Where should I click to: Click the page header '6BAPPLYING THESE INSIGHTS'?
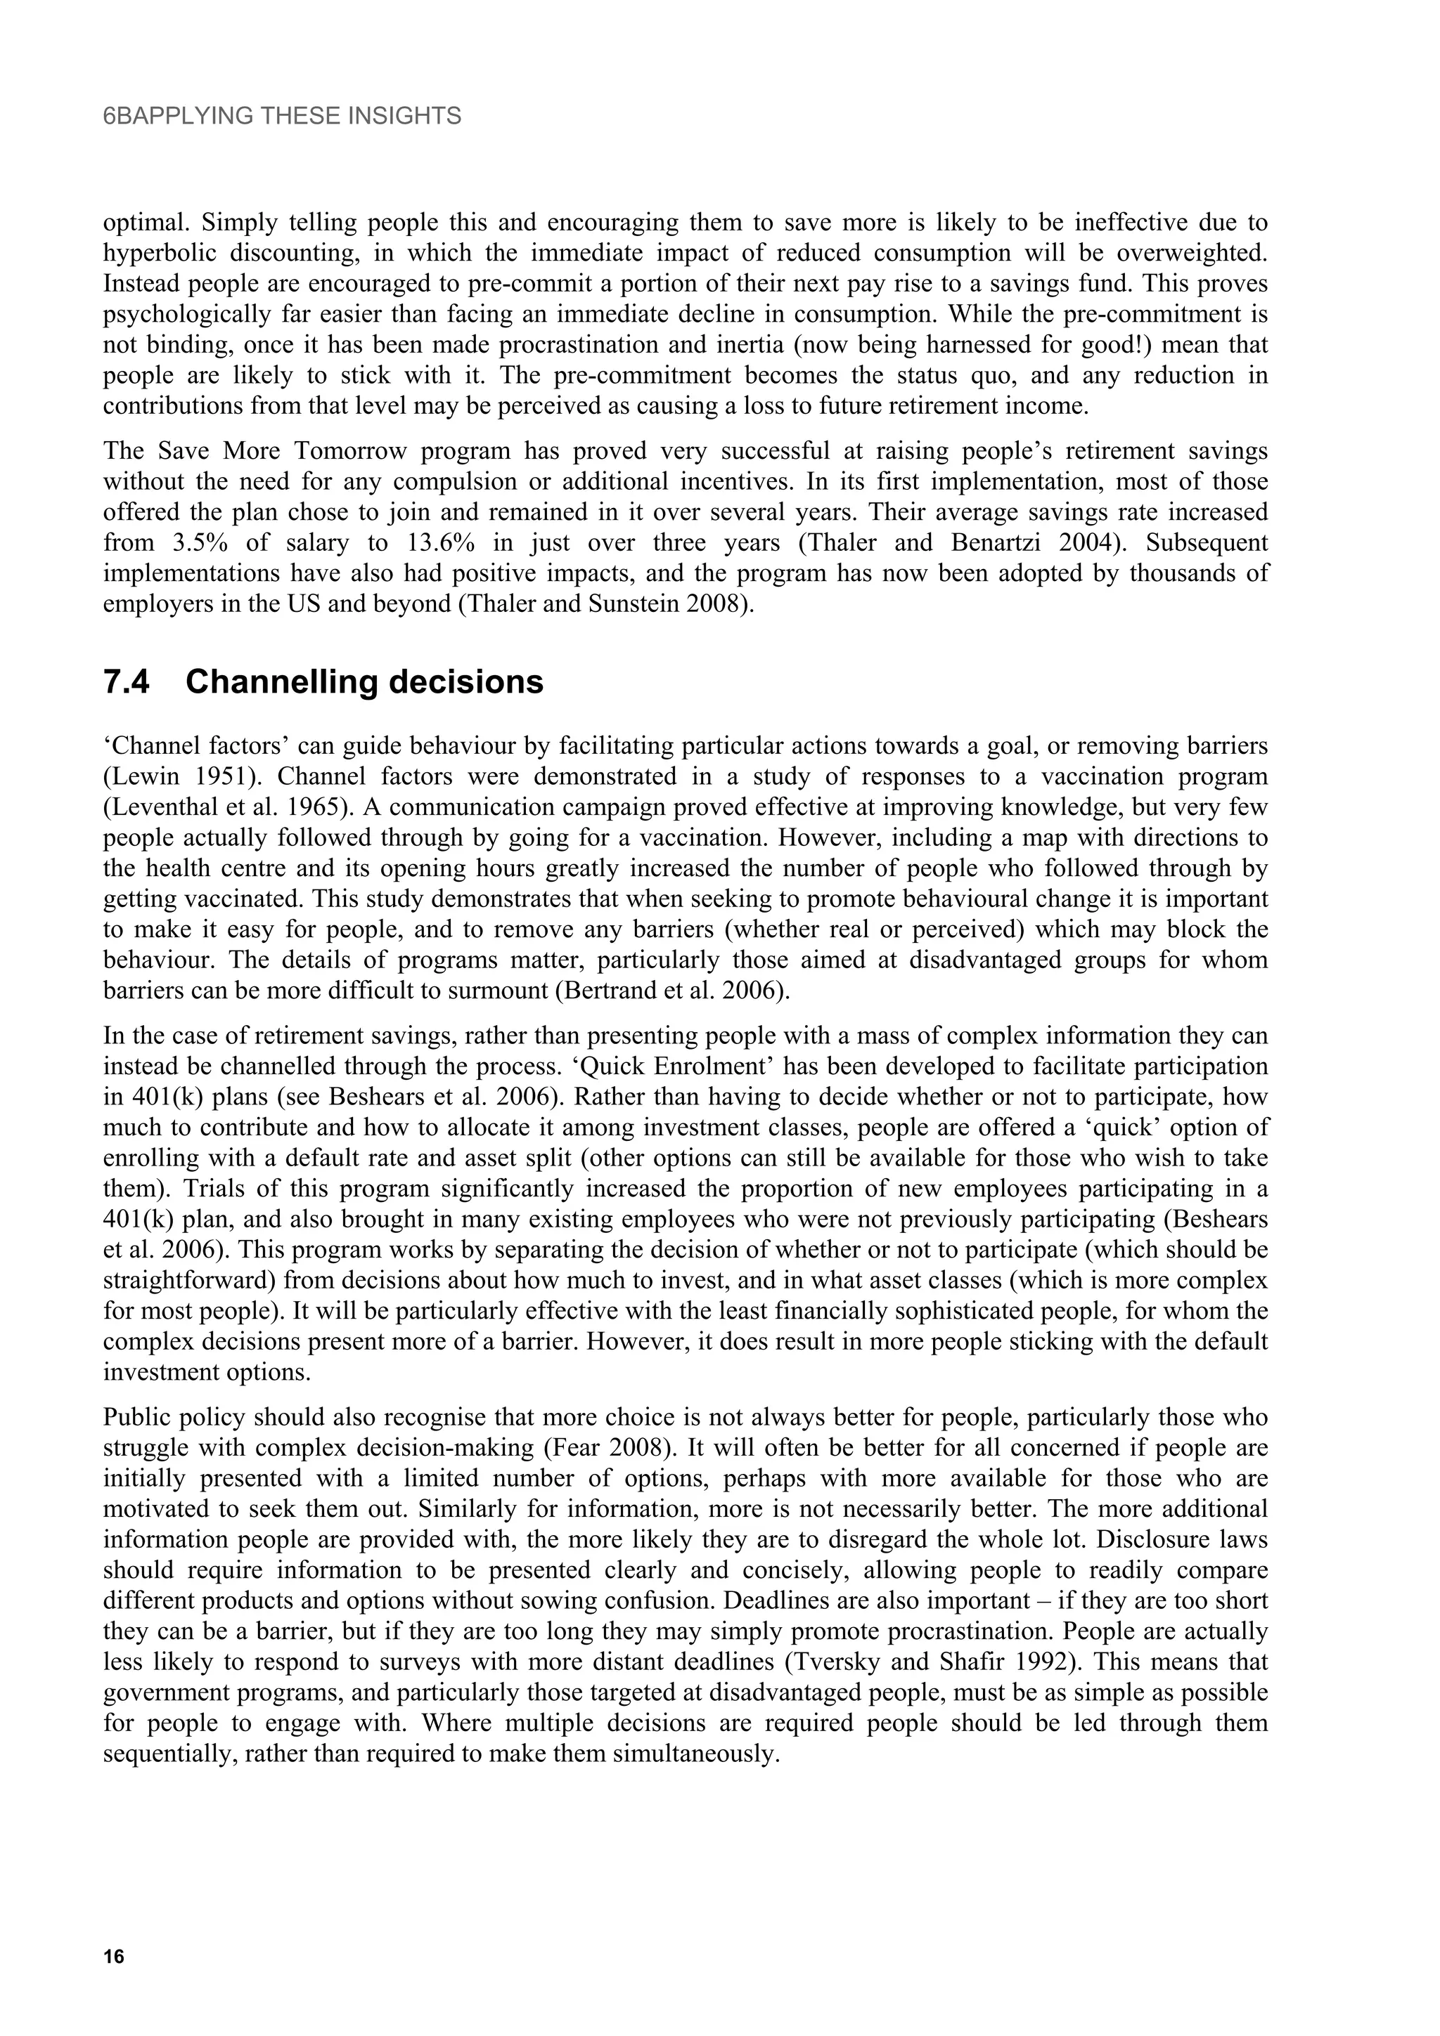282,116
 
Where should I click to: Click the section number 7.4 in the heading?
127,683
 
